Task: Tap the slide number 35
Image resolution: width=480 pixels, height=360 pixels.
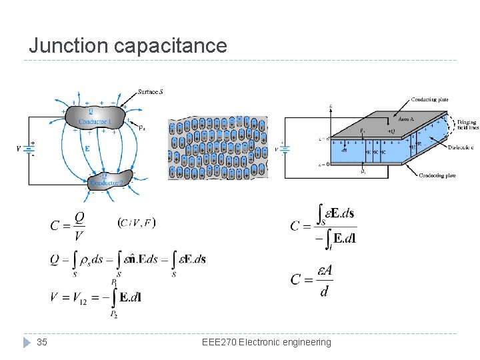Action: point(42,342)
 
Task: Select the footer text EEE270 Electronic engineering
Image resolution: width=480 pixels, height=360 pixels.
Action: point(266,342)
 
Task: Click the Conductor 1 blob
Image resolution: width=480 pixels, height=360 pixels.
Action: point(93,117)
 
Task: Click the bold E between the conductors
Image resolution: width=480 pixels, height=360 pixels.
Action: point(87,148)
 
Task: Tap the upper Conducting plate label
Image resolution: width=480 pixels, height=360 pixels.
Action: point(429,99)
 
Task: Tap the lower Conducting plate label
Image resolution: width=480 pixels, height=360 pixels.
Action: point(438,175)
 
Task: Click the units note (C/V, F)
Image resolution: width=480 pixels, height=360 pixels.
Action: point(137,222)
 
